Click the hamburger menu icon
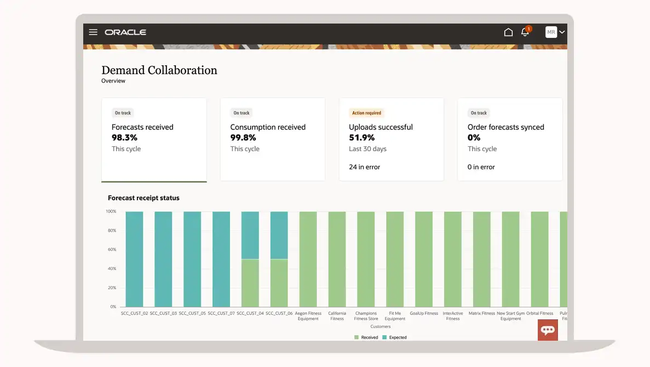coord(93,32)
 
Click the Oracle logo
coord(125,32)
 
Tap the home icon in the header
coord(508,32)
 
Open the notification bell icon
coord(525,32)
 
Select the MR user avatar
coord(551,32)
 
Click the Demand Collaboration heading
coord(159,70)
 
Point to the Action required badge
coord(366,113)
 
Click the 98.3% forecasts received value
coord(125,137)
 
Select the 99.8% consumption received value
coord(243,137)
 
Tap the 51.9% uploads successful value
coord(362,137)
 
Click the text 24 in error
coord(364,167)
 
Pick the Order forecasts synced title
coord(505,127)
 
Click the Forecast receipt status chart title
coord(143,198)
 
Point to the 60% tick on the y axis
coord(111,250)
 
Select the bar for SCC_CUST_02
coord(134,259)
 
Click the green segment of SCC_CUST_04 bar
coord(250,283)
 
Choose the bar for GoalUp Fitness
coord(423,259)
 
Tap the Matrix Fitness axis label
coord(481,313)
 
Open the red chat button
coord(548,330)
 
